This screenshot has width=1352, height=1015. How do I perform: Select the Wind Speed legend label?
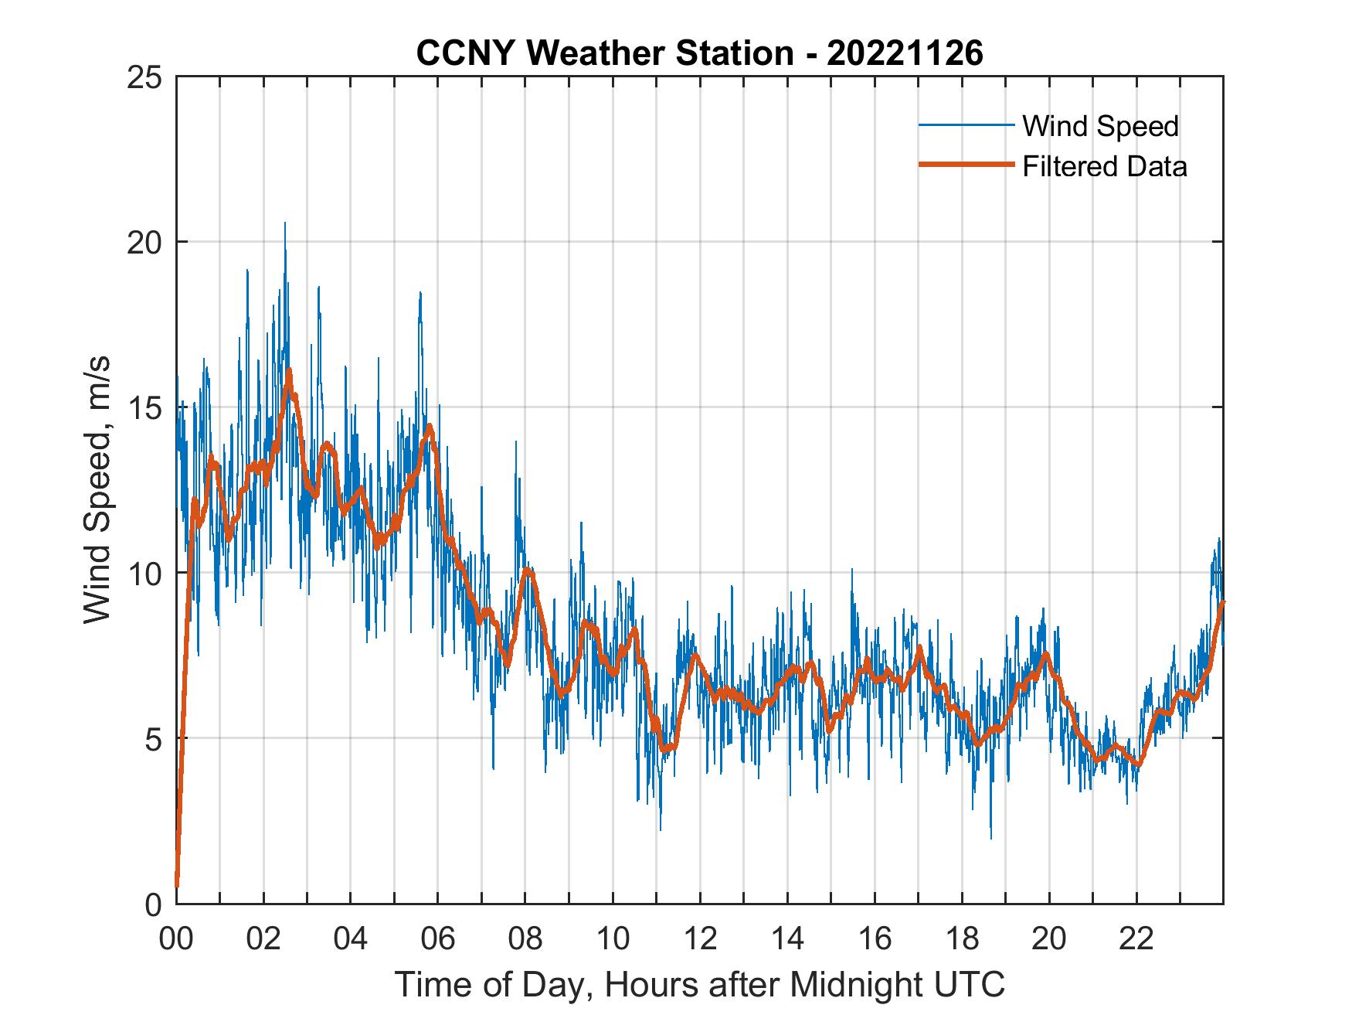click(x=1100, y=126)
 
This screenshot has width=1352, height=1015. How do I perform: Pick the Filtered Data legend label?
click(x=1104, y=166)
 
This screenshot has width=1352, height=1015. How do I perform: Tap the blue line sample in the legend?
click(x=966, y=125)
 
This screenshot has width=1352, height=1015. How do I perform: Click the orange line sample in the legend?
click(x=966, y=165)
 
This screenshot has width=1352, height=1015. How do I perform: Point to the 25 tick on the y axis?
click(x=148, y=77)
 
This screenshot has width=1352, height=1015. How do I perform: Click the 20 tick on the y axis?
click(x=148, y=242)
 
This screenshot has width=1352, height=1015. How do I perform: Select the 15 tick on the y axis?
click(x=148, y=407)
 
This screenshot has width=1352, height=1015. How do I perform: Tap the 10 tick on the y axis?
click(x=148, y=573)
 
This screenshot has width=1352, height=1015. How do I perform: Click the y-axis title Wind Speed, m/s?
click(x=97, y=490)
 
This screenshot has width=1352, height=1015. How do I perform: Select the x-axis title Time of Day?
click(x=699, y=984)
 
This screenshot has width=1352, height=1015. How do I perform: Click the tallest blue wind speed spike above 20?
click(x=284, y=225)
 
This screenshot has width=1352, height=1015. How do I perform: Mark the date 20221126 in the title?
click(x=905, y=53)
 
